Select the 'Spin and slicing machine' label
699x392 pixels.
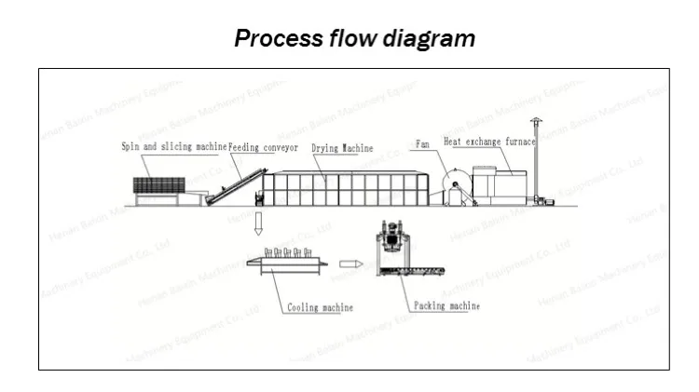(174, 147)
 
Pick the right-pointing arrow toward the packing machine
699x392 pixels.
(350, 264)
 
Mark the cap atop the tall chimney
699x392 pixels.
(534, 121)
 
